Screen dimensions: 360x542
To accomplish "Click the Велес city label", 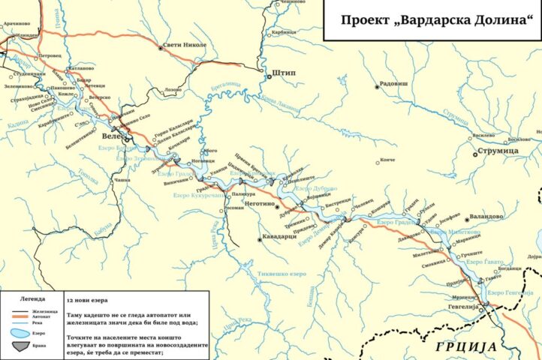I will click(x=112, y=139).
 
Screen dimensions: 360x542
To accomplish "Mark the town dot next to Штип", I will click(x=267, y=74).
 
